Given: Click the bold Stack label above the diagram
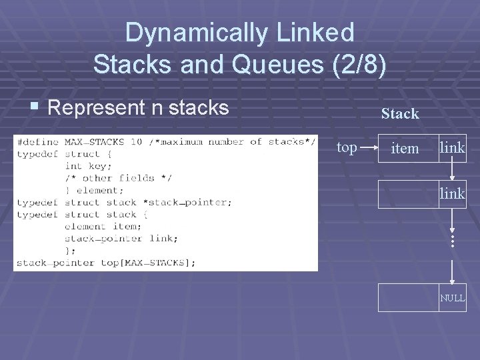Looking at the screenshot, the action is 400,114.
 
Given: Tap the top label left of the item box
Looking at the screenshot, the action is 347,148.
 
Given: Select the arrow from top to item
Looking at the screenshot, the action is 367,148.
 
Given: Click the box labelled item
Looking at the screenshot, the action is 405,148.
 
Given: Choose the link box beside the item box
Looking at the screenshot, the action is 452,148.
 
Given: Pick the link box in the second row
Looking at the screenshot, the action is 452,193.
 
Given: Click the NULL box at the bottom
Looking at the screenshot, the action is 452,297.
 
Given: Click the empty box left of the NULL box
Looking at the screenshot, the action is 408,297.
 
